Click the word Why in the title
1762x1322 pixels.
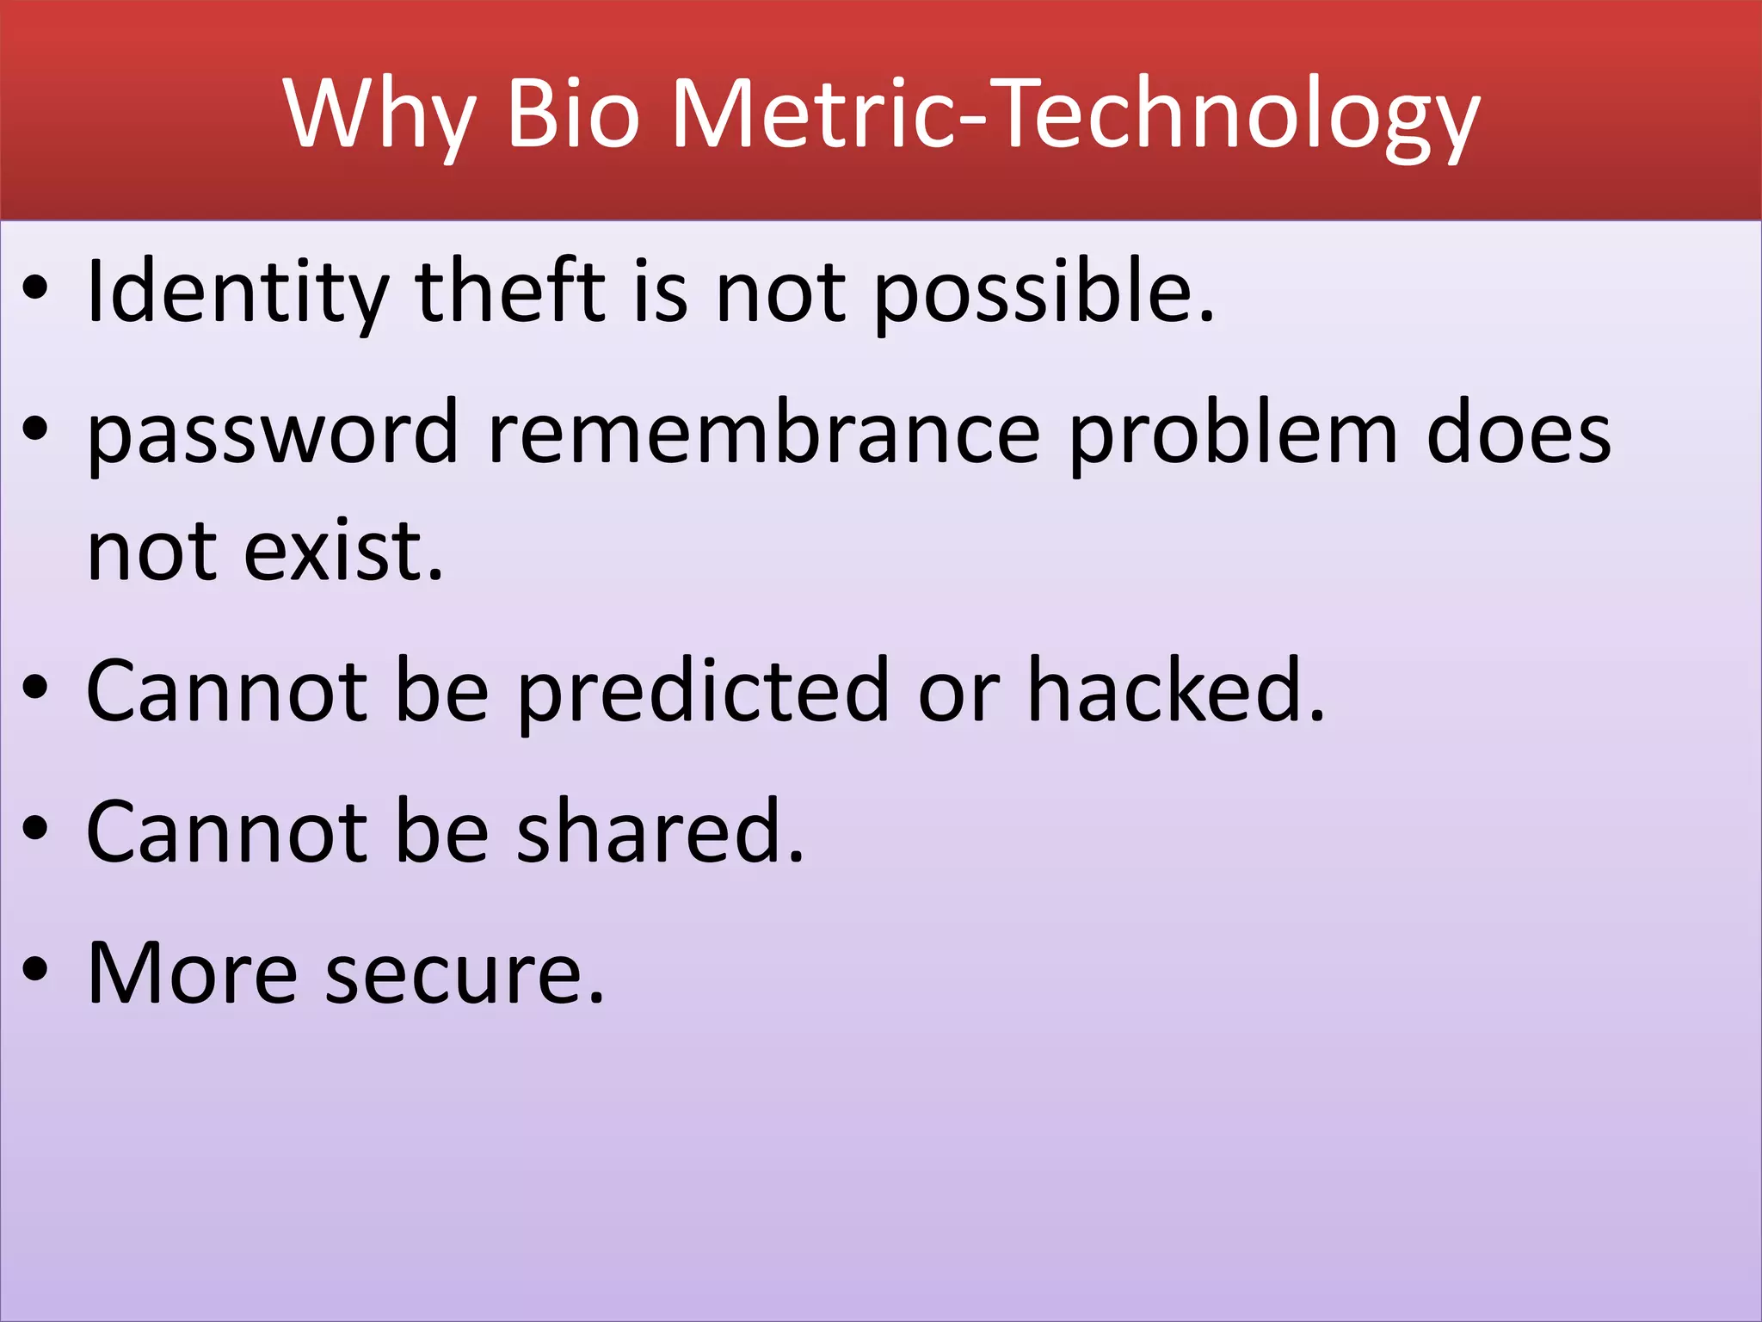click(x=379, y=114)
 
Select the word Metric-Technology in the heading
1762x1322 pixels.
click(x=1075, y=114)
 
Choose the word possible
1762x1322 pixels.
click(x=1044, y=293)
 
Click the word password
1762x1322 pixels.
click(x=273, y=435)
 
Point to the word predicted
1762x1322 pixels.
click(x=702, y=691)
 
